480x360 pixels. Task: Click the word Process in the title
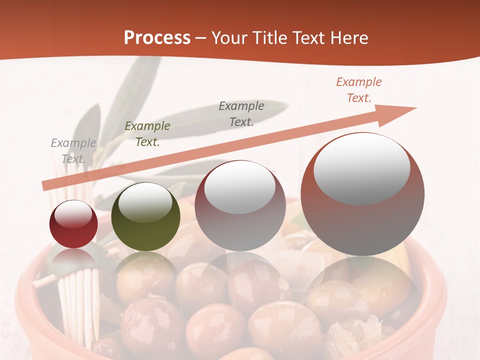(x=157, y=38)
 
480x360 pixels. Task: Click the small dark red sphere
(x=73, y=224)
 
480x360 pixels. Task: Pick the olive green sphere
(x=145, y=216)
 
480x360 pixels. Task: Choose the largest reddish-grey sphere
(x=362, y=194)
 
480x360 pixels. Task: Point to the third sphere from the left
(x=240, y=205)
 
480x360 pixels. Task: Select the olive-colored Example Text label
(x=147, y=134)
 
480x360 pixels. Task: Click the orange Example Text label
(x=359, y=90)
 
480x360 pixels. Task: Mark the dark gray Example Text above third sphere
(x=241, y=113)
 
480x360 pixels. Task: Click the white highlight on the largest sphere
(x=361, y=168)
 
